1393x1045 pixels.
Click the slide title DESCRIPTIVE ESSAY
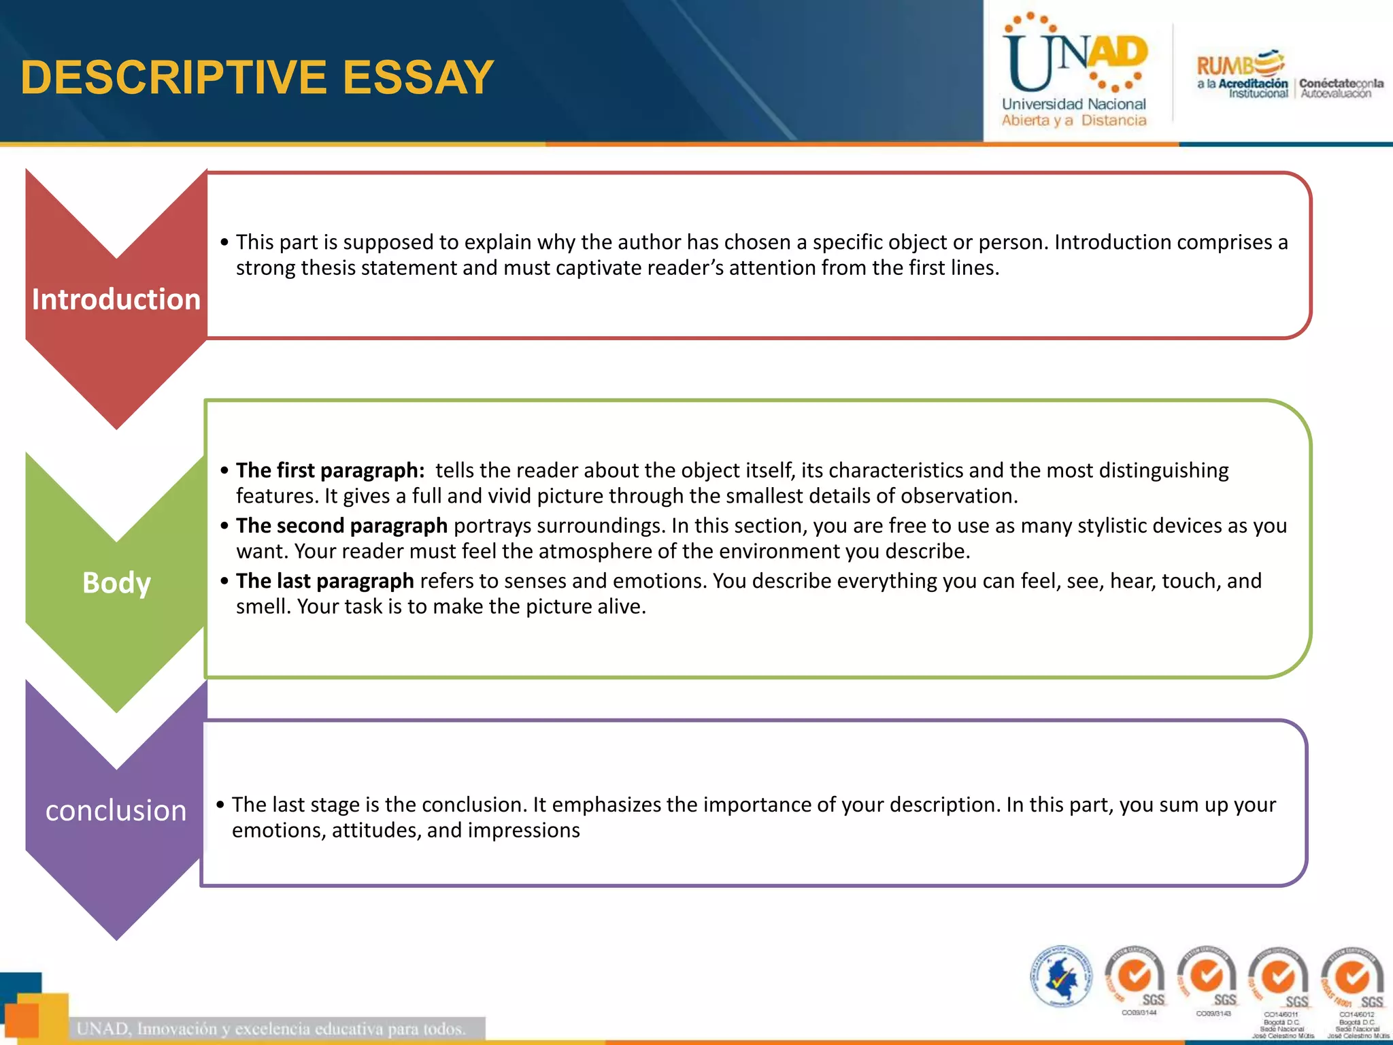coord(257,77)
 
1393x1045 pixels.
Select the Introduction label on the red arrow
coord(116,299)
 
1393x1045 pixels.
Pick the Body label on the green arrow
coord(116,583)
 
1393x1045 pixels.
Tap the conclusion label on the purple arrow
coord(116,810)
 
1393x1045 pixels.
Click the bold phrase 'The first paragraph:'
coord(330,470)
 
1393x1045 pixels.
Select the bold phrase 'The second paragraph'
coord(341,525)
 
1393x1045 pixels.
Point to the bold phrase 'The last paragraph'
coord(324,580)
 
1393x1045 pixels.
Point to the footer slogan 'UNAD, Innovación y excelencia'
coord(271,1028)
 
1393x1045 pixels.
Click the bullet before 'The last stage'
coord(220,805)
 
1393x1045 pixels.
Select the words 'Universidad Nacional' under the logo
coord(1073,104)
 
